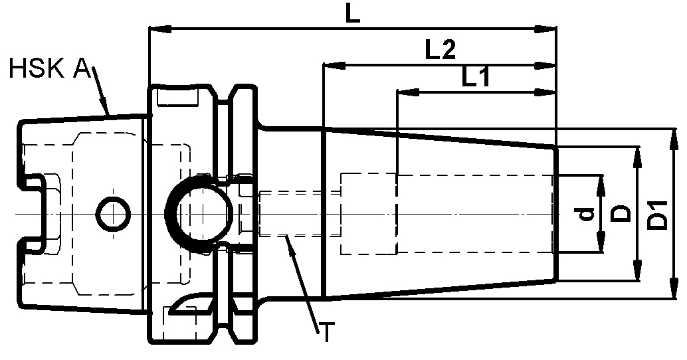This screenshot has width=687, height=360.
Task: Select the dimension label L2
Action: point(439,51)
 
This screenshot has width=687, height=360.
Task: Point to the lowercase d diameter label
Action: point(584,214)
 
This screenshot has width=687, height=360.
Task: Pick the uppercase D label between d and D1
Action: point(621,213)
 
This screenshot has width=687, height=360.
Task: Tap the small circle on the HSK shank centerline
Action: point(112,213)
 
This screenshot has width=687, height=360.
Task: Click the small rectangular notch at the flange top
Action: point(178,98)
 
